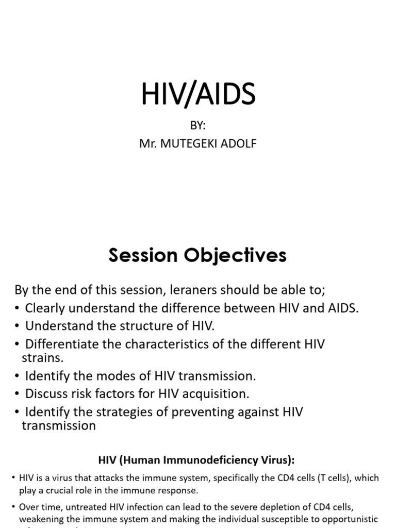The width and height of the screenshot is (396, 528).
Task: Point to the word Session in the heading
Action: click(x=141, y=256)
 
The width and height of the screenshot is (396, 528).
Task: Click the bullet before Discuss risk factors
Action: click(x=18, y=394)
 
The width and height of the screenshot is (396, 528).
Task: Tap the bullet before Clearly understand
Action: click(x=18, y=308)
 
